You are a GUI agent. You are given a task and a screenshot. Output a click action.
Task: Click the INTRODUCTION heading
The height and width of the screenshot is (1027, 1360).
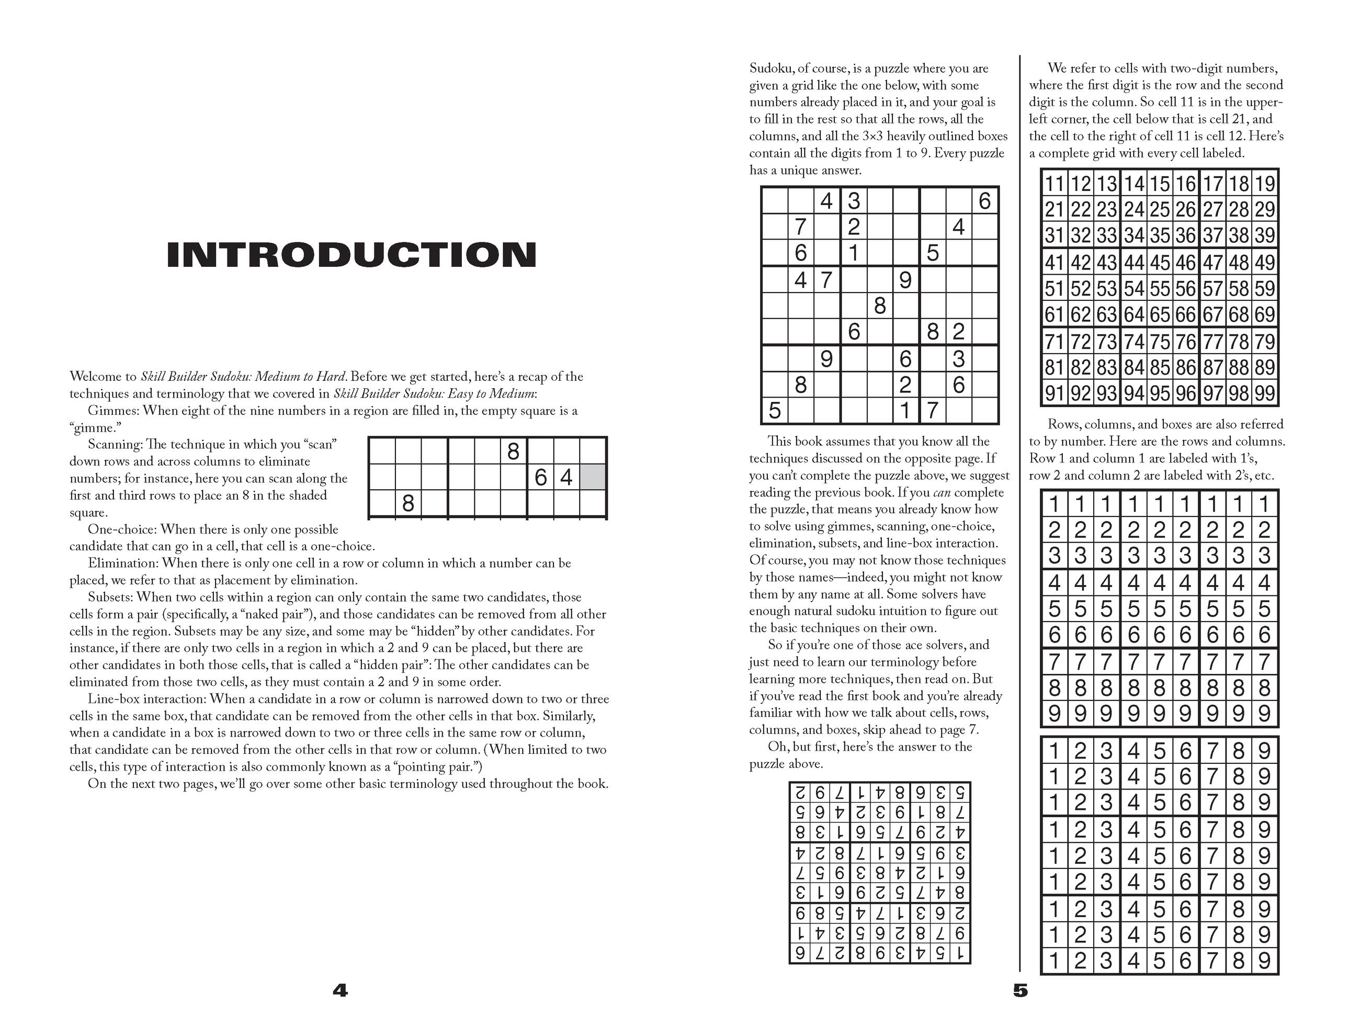352,255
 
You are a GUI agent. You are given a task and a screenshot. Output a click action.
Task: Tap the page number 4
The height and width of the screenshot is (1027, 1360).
340,990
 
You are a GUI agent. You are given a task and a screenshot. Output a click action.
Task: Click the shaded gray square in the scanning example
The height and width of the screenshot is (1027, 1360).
593,477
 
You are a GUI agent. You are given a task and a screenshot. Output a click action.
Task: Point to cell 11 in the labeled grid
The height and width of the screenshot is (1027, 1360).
1055,183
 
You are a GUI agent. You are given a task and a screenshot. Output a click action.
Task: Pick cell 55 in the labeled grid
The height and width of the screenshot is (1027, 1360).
1160,288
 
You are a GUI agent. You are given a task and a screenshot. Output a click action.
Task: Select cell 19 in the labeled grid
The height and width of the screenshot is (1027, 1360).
1264,183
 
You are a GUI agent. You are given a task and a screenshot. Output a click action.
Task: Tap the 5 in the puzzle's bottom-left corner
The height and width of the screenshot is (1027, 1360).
775,410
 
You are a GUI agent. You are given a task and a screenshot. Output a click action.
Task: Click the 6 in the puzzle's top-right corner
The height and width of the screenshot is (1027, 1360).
985,201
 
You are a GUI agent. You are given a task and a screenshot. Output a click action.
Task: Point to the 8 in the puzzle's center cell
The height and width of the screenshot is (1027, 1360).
880,306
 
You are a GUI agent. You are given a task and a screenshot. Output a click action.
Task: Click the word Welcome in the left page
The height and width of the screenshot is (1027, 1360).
94,376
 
